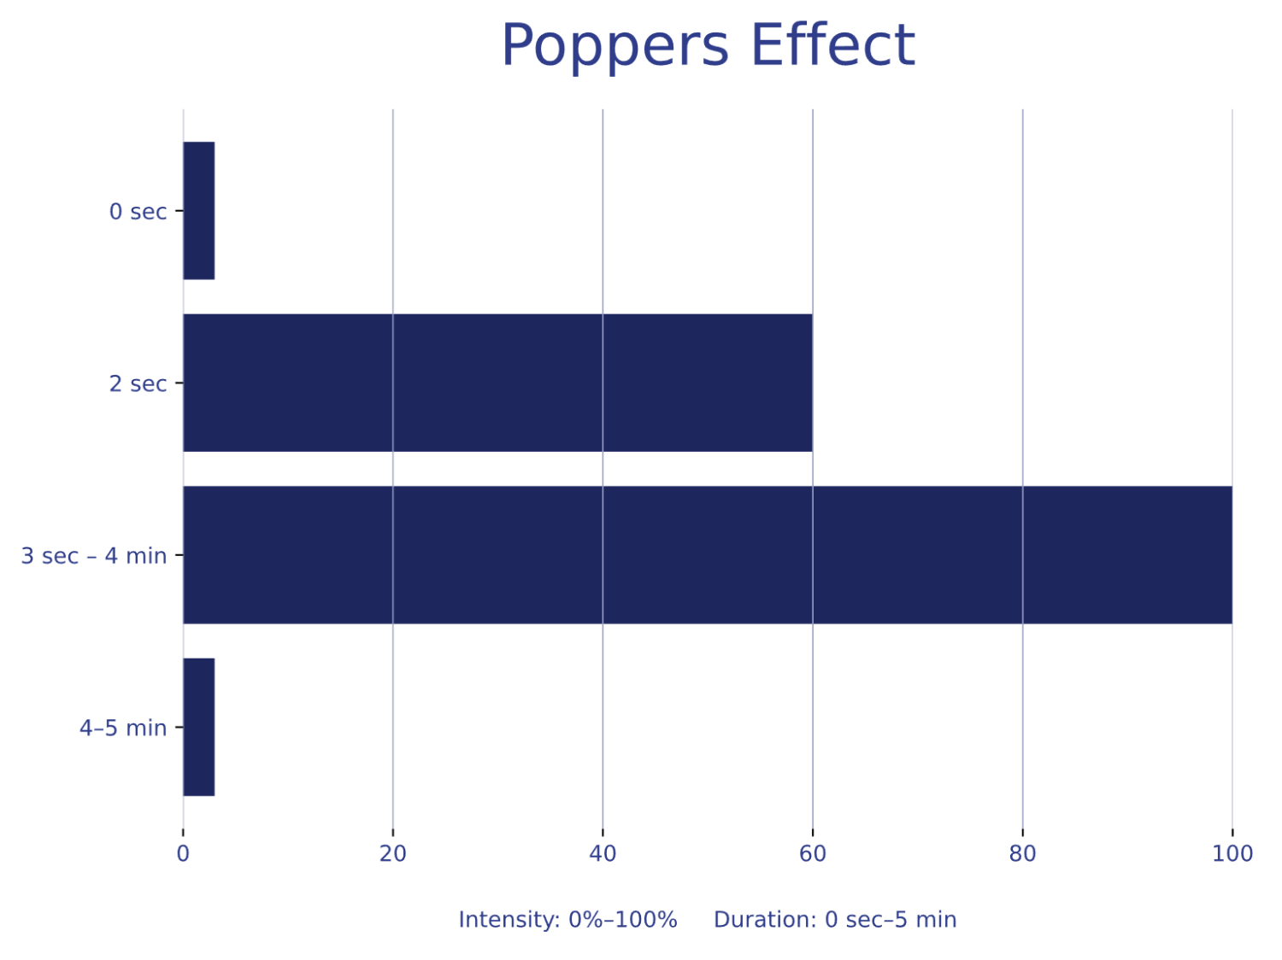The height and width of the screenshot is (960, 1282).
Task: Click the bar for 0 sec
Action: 198,211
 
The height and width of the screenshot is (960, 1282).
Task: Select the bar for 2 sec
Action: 497,383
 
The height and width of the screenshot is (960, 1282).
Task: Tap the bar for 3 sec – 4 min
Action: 708,555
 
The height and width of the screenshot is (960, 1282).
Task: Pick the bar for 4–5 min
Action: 198,727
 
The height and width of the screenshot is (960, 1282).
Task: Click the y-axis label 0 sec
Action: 138,212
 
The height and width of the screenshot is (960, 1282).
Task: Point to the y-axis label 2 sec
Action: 138,383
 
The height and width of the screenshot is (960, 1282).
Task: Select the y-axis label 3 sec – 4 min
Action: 94,556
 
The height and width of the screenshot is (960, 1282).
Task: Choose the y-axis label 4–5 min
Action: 123,728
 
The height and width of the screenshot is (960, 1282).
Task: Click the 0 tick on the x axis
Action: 183,853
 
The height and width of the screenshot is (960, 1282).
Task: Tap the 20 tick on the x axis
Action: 393,853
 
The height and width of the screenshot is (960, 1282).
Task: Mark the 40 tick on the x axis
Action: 603,853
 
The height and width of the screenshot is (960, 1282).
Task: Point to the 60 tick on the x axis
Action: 813,853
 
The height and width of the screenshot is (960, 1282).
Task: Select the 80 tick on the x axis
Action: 1022,853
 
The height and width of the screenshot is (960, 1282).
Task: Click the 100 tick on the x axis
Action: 1232,853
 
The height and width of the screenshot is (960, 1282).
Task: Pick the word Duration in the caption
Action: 765,920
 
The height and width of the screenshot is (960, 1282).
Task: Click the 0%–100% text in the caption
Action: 623,920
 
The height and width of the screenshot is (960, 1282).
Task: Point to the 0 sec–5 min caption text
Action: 891,920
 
